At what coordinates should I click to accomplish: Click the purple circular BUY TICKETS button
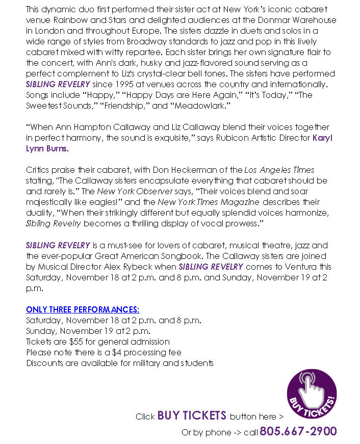pyautogui.click(x=312, y=394)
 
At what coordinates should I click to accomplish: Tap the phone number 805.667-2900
pyautogui.click(x=298, y=431)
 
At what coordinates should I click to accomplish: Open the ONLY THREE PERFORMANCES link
pyautogui.click(x=83, y=309)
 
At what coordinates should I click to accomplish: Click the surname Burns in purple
pyautogui.click(x=56, y=148)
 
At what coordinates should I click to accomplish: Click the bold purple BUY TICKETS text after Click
pyautogui.click(x=192, y=415)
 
